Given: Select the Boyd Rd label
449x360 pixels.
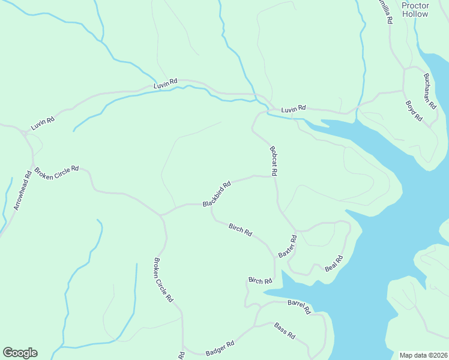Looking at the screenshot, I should pyautogui.click(x=414, y=111).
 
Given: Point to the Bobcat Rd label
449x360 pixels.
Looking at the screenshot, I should pyautogui.click(x=273, y=161).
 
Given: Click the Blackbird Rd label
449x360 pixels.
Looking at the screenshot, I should pyautogui.click(x=217, y=195).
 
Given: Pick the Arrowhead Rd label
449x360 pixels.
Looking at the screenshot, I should pyautogui.click(x=22, y=191).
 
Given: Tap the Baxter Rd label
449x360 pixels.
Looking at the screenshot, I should pyautogui.click(x=288, y=246).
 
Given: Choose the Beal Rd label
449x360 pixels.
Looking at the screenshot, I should pyautogui.click(x=334, y=263).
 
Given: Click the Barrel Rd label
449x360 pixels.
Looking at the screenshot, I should pyautogui.click(x=298, y=307).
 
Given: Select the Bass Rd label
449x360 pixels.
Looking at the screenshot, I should pyautogui.click(x=285, y=330).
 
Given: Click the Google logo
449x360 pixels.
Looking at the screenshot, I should pyautogui.click(x=20, y=353).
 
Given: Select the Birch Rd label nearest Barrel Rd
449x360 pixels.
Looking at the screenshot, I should pyautogui.click(x=260, y=280).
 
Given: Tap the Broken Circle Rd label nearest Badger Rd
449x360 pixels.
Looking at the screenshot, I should pyautogui.click(x=163, y=280).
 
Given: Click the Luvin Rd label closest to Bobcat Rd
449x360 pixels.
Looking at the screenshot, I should pyautogui.click(x=294, y=109).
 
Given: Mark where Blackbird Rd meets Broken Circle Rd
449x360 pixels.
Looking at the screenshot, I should pyautogui.click(x=160, y=214).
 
